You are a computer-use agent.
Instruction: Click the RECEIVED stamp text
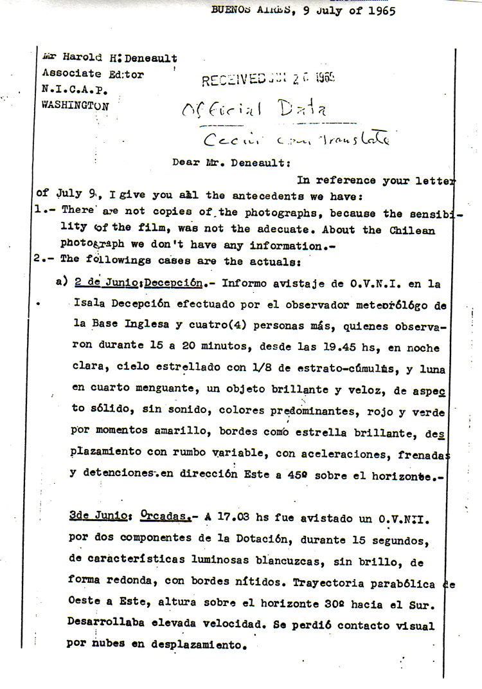click(234, 80)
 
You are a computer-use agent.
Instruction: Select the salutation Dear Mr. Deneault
click(222, 162)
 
